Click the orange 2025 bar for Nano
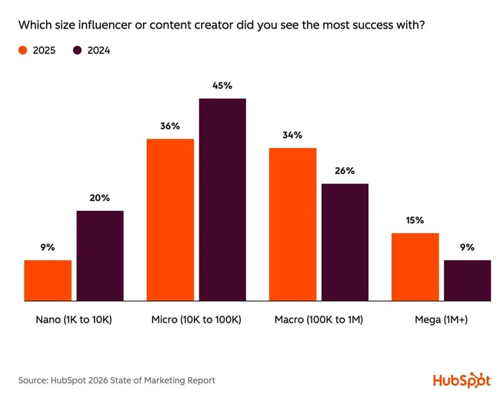coord(48,280)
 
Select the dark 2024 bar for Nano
coord(100,256)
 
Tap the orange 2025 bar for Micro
coord(170,219)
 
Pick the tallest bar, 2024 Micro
coord(222,199)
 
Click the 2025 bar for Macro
coord(292,224)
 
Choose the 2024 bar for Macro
coord(345,242)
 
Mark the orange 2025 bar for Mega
coord(415,266)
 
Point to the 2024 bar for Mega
coord(467,280)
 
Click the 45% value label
coord(222,85)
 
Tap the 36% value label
coord(170,126)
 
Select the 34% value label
coord(292,135)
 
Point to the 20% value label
coord(100,198)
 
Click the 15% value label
coord(415,220)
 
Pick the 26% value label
coord(345,170)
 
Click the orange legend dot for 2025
coord(23,51)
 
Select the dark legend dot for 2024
coord(78,51)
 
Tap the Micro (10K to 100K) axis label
coord(196,319)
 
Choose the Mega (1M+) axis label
coord(441,319)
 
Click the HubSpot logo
coord(461,380)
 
